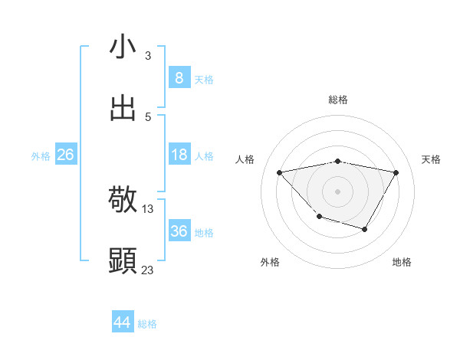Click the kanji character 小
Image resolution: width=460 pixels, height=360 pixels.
coord(123,47)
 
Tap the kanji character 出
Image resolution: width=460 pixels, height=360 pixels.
coord(123,107)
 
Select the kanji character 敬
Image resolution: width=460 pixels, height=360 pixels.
coord(123,200)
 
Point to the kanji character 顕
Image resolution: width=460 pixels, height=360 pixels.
coord(123,260)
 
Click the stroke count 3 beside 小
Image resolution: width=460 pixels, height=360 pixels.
coord(148,56)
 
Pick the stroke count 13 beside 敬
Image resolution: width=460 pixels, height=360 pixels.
coord(148,208)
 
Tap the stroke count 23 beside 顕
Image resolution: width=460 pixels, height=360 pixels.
coord(148,270)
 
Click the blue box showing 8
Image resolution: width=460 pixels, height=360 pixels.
coord(179,78)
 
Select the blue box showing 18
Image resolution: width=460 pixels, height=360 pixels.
coord(179,155)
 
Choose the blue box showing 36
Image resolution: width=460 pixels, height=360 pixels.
coord(179,231)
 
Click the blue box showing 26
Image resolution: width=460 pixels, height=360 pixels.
coord(65,155)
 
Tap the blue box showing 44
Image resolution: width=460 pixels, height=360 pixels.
coord(122,322)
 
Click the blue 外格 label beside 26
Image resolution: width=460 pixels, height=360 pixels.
coord(41,156)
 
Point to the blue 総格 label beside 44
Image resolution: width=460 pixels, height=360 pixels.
coord(147,324)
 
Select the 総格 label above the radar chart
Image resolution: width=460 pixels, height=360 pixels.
coord(338,100)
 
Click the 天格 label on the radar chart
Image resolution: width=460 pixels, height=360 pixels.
coord(432,159)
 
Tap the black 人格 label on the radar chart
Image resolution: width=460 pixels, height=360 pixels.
coord(245,159)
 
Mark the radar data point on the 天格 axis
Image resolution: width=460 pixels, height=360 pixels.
coord(396,172)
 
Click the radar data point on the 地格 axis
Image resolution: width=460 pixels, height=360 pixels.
coord(365,229)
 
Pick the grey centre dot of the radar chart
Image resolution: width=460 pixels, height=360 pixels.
coord(338,191)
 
